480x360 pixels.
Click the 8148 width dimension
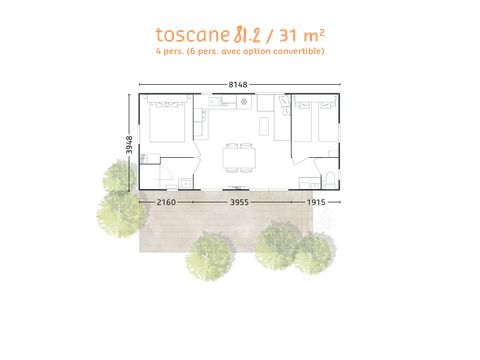click(239, 85)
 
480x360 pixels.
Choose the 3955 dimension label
click(238, 202)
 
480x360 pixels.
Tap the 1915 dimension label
click(317, 202)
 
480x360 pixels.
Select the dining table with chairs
click(238, 155)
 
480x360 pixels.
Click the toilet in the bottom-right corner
click(331, 181)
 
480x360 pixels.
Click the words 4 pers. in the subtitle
click(172, 51)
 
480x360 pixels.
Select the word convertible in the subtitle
click(299, 51)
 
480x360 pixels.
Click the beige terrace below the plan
click(240, 225)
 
